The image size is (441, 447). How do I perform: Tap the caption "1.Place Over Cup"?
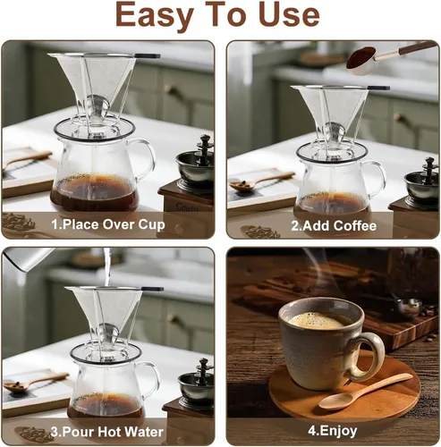[107, 224]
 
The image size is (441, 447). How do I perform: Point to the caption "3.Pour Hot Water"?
[107, 430]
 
